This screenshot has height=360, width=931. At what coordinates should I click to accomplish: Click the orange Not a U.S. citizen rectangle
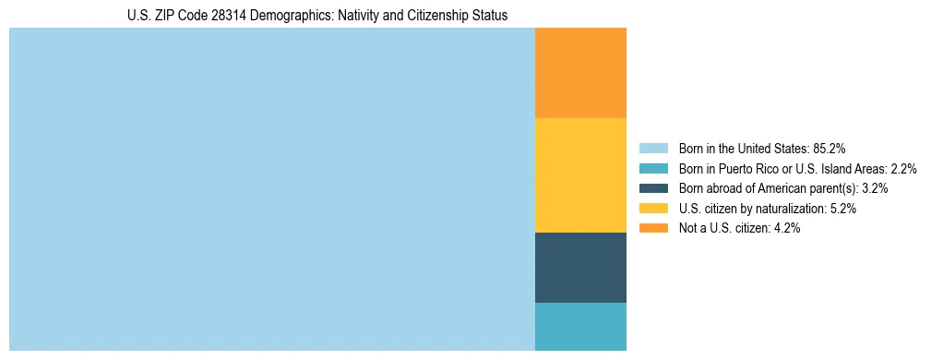pos(580,73)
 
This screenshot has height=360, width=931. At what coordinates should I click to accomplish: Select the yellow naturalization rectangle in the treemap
pos(580,175)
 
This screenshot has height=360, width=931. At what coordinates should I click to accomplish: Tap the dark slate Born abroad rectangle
pos(580,267)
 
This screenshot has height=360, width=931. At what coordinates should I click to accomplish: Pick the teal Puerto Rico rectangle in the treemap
pos(580,326)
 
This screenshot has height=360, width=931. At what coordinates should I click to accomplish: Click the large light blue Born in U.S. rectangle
pos(272,189)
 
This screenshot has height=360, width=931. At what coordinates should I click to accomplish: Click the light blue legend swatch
pos(653,148)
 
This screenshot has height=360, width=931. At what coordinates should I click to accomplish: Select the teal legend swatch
pos(653,168)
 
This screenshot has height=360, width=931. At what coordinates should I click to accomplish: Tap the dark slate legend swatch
pos(653,188)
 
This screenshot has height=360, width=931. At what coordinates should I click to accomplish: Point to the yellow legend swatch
pos(653,209)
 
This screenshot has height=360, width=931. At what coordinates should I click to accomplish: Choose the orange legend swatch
pos(653,229)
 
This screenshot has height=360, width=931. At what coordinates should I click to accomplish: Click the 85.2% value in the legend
pos(830,148)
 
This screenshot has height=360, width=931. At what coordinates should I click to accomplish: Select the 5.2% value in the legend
pos(842,209)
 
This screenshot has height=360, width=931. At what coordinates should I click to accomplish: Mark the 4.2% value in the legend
pos(786,229)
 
